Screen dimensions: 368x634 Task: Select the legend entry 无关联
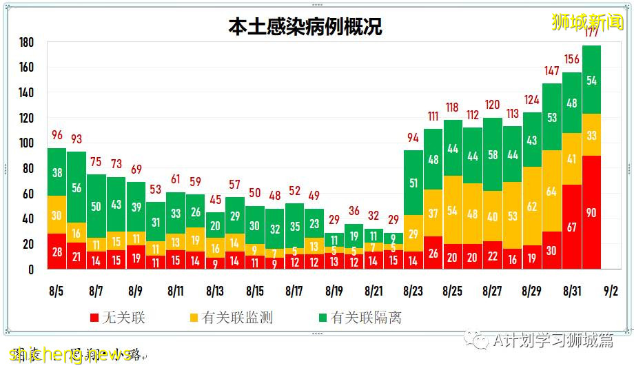118,318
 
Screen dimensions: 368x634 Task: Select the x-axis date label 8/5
57,292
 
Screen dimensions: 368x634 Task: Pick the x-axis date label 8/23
413,292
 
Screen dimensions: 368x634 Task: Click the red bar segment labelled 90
591,212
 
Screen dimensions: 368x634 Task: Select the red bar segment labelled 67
571,227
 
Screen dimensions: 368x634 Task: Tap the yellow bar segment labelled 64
551,191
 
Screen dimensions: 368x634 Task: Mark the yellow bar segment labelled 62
531,205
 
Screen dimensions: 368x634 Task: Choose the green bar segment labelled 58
492,154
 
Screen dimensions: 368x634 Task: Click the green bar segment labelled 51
413,183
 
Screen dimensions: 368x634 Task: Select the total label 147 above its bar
551,71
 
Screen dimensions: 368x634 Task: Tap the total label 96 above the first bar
57,135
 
